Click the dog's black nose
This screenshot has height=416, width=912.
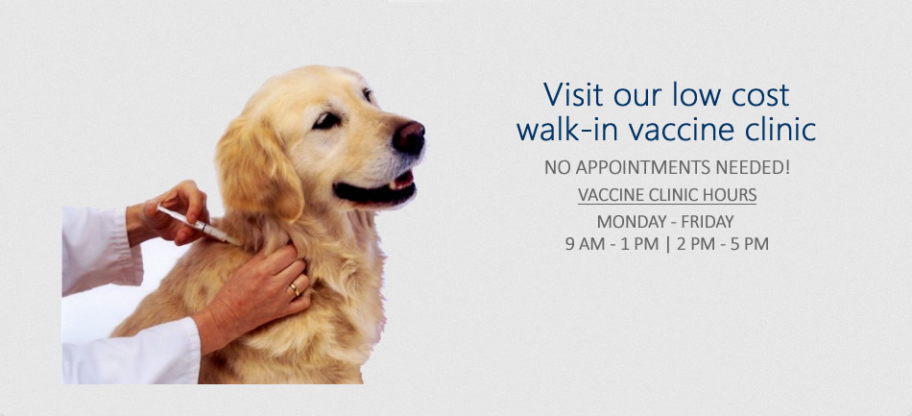click(x=409, y=138)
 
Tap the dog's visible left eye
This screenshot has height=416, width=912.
click(x=326, y=120)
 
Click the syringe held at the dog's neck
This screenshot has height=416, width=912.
click(x=199, y=224)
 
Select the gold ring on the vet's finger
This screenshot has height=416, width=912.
click(x=295, y=289)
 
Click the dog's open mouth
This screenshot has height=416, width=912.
click(x=377, y=189)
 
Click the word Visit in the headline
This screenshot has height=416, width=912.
click(x=573, y=95)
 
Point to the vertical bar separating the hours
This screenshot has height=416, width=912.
click(x=668, y=244)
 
